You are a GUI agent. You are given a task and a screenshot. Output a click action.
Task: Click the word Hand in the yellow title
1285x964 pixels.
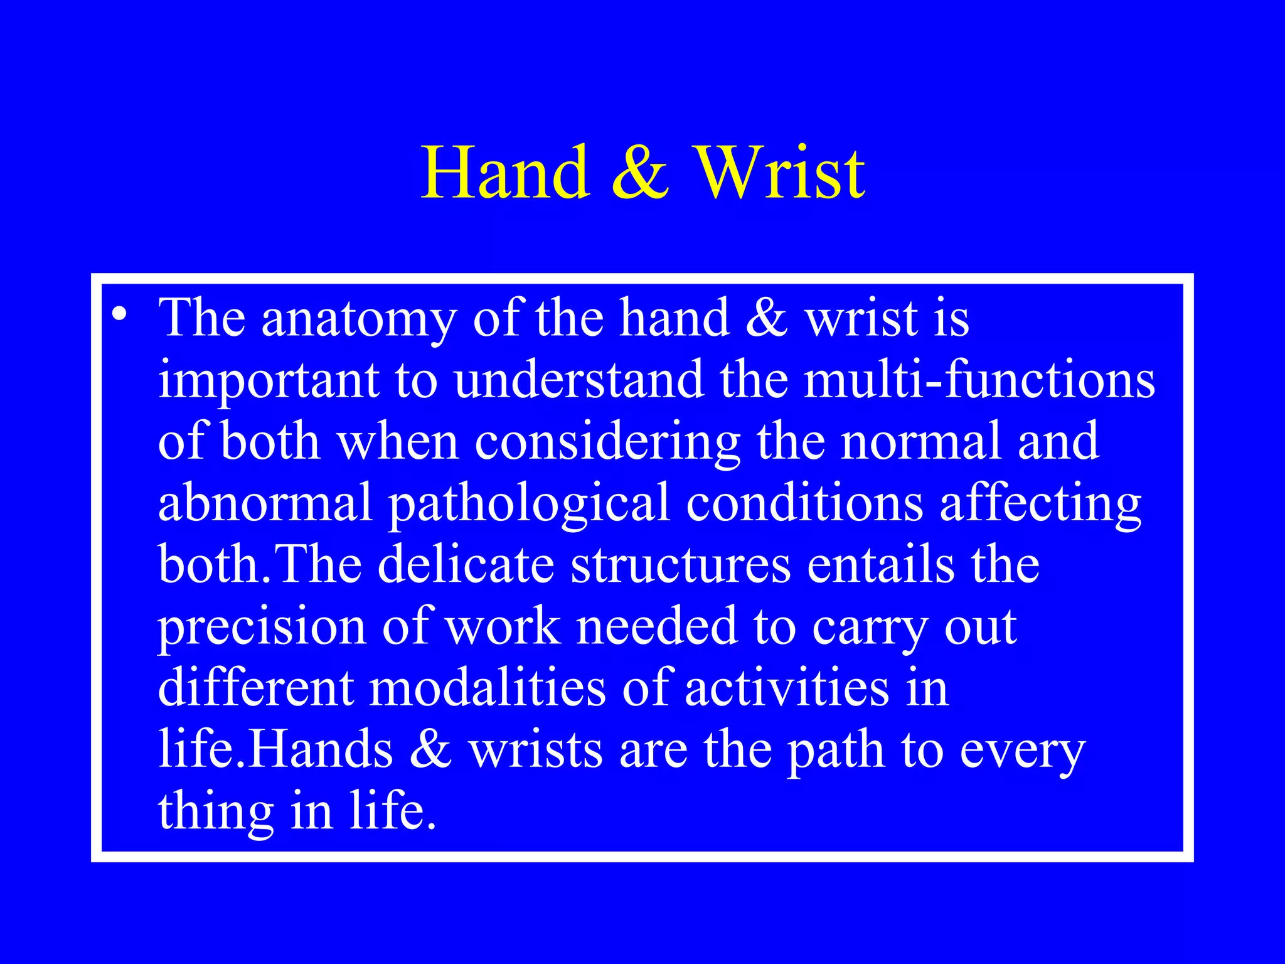click(x=506, y=173)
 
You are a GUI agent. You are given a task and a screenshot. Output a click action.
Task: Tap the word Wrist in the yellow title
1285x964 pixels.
click(x=781, y=173)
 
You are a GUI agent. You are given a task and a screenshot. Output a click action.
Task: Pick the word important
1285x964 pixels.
click(x=269, y=381)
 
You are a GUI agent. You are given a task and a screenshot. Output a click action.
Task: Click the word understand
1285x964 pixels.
click(x=579, y=380)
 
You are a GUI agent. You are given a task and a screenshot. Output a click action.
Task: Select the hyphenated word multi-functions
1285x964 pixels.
click(x=979, y=380)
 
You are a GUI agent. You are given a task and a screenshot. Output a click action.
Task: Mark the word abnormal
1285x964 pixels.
click(x=265, y=503)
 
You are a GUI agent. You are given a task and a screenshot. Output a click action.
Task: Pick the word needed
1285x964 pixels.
click(x=657, y=626)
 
